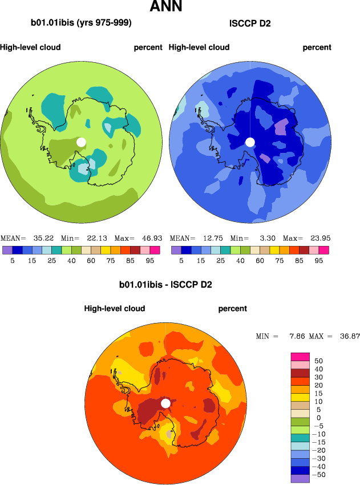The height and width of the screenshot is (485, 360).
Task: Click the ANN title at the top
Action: click(x=166, y=7)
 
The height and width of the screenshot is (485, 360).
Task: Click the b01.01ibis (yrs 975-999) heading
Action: click(x=82, y=23)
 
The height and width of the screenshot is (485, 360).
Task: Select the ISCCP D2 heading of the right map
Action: click(x=250, y=23)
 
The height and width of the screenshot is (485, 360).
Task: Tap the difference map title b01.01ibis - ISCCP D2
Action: click(x=165, y=284)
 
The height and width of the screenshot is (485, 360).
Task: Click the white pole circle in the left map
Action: click(x=81, y=142)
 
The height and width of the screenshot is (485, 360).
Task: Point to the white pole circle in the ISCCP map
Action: click(x=249, y=142)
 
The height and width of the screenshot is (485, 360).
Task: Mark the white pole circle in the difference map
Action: click(x=166, y=403)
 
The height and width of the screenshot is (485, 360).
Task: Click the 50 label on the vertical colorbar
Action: click(x=318, y=361)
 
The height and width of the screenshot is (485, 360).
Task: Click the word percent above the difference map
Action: click(x=232, y=309)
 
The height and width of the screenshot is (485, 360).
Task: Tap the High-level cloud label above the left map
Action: click(x=30, y=47)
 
